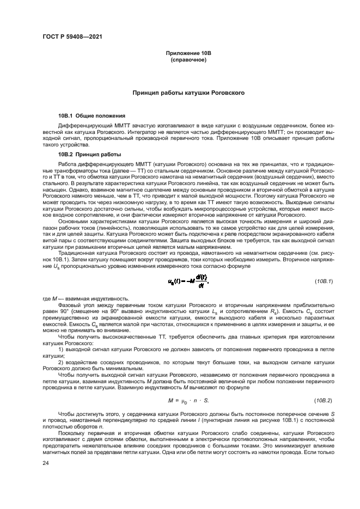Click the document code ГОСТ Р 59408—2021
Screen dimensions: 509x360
click(72, 37)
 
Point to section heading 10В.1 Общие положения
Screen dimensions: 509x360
click(92, 116)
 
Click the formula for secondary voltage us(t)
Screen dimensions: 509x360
click(188, 280)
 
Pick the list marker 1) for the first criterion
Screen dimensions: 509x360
click(60, 348)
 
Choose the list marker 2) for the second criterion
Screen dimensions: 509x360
click(60, 362)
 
